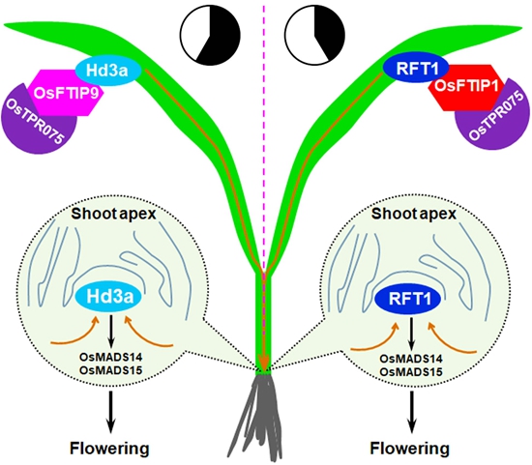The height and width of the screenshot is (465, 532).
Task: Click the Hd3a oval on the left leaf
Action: (107, 71)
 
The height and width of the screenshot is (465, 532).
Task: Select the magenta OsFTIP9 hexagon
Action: (66, 93)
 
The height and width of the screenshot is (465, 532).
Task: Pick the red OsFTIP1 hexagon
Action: (465, 88)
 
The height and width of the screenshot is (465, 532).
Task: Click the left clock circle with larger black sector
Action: (210, 35)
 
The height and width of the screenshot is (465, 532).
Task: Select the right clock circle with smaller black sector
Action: (314, 35)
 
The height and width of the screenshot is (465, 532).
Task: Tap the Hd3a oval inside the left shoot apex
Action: (109, 297)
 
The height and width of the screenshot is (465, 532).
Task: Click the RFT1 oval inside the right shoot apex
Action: (408, 299)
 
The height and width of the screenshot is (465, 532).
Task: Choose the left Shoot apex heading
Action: (113, 214)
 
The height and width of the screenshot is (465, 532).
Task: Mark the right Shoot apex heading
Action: (414, 214)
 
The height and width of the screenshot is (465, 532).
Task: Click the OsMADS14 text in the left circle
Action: (110, 357)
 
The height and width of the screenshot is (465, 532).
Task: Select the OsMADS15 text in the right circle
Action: (411, 372)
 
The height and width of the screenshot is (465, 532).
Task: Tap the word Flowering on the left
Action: (109, 449)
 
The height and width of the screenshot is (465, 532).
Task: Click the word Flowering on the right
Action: (410, 449)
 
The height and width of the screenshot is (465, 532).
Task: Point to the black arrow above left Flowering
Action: (110, 412)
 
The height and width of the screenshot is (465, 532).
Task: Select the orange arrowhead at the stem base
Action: (264, 363)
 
